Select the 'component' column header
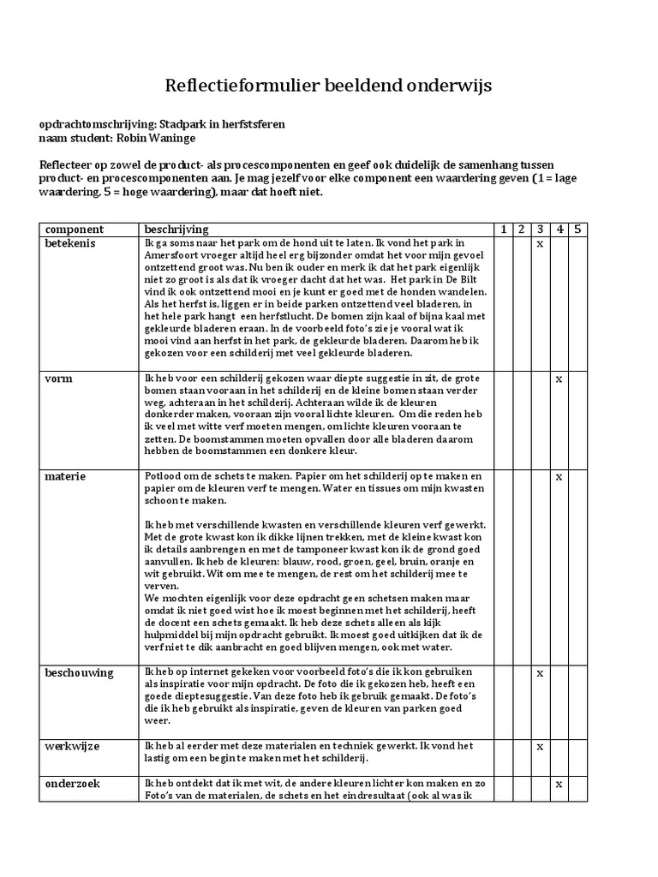click(x=75, y=230)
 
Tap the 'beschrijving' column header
click(x=176, y=230)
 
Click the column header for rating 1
click(x=503, y=230)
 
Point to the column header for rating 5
click(x=577, y=230)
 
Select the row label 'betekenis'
click(x=70, y=244)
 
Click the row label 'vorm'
click(x=58, y=378)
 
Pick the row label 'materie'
click(x=66, y=476)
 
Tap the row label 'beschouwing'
click(x=79, y=673)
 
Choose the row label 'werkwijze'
click(x=72, y=747)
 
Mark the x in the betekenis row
click(x=540, y=244)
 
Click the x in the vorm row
click(x=559, y=378)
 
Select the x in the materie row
click(x=559, y=476)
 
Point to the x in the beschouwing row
click(x=540, y=673)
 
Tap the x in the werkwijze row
click(x=540, y=747)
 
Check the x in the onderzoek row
click(x=559, y=784)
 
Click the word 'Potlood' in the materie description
click(x=163, y=476)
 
